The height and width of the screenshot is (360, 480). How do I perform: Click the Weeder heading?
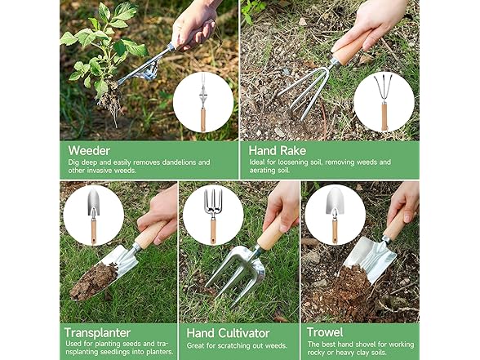(89, 150)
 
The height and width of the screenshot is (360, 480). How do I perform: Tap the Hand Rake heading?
(278, 150)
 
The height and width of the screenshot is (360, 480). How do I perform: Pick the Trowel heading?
(324, 333)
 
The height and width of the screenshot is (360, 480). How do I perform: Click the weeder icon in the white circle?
(202, 102)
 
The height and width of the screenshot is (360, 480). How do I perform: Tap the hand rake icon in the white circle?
(383, 102)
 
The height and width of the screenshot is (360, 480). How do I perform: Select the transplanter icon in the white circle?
(93, 215)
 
